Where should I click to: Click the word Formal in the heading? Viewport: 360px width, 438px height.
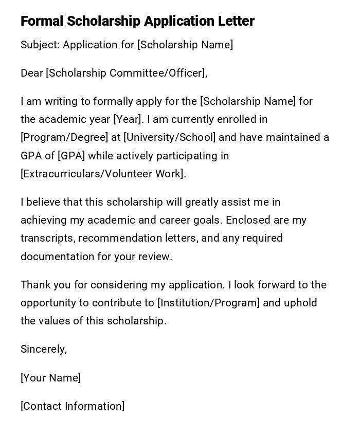click(x=42, y=21)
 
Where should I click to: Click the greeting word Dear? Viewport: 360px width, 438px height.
click(x=31, y=73)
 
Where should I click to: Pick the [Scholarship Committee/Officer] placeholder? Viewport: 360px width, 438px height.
click(x=125, y=73)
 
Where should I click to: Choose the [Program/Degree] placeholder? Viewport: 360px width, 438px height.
click(x=64, y=137)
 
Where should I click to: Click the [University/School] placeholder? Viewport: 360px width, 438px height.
click(x=170, y=137)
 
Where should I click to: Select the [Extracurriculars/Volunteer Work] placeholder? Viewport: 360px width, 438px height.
click(x=102, y=174)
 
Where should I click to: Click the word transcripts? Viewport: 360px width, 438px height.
click(x=47, y=238)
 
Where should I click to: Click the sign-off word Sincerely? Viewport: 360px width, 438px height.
click(x=43, y=349)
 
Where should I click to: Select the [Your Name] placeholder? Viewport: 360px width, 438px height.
click(x=50, y=378)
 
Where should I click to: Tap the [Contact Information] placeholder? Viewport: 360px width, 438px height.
click(x=73, y=406)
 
